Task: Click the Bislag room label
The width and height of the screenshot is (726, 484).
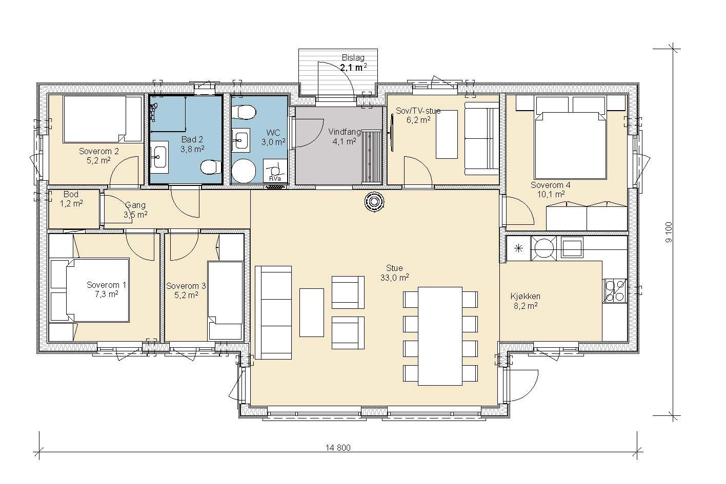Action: (353, 58)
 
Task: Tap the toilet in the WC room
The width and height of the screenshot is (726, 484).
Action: (246, 112)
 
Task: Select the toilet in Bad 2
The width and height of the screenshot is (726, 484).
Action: (211, 167)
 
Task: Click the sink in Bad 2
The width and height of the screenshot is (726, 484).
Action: (159, 157)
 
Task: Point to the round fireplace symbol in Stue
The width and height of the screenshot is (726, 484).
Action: (374, 202)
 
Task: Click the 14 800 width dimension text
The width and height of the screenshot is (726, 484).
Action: (338, 448)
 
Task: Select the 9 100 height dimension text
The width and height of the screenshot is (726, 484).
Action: (669, 233)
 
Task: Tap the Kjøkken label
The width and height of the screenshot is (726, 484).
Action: (526, 296)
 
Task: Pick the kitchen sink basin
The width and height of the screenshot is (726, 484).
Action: (572, 248)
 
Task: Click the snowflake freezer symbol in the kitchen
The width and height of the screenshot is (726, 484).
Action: (519, 248)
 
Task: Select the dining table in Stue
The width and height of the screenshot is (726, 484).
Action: (440, 336)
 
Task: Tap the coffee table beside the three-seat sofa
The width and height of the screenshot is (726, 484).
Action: (311, 313)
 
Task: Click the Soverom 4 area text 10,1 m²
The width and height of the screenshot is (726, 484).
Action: (551, 195)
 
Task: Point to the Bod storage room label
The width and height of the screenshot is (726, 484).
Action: (71, 194)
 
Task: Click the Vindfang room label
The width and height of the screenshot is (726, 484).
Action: (345, 132)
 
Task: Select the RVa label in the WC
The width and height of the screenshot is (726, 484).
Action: (273, 179)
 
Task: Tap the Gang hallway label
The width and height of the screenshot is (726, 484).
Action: (135, 205)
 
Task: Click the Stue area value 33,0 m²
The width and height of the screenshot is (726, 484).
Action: (394, 278)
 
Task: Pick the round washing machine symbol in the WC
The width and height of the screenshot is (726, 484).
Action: (244, 171)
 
